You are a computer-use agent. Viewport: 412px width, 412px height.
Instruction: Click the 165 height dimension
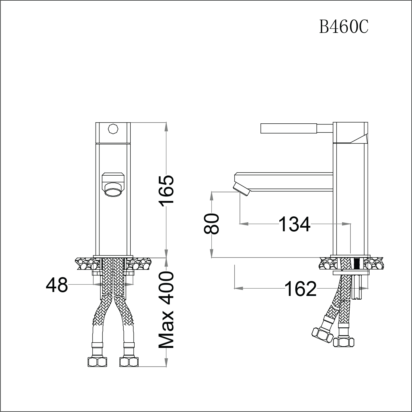pos(167,191)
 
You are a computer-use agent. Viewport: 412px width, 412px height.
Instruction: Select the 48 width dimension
pos(57,285)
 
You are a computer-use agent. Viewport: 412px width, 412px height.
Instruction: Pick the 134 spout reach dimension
pos(295,224)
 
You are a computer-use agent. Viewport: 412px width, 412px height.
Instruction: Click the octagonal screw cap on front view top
pos(113,129)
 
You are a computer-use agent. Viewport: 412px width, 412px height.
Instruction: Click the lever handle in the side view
pos(289,128)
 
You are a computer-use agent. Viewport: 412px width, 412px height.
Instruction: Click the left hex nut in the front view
pos(98,362)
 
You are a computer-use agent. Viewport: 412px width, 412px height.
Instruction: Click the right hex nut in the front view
pos(129,362)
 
